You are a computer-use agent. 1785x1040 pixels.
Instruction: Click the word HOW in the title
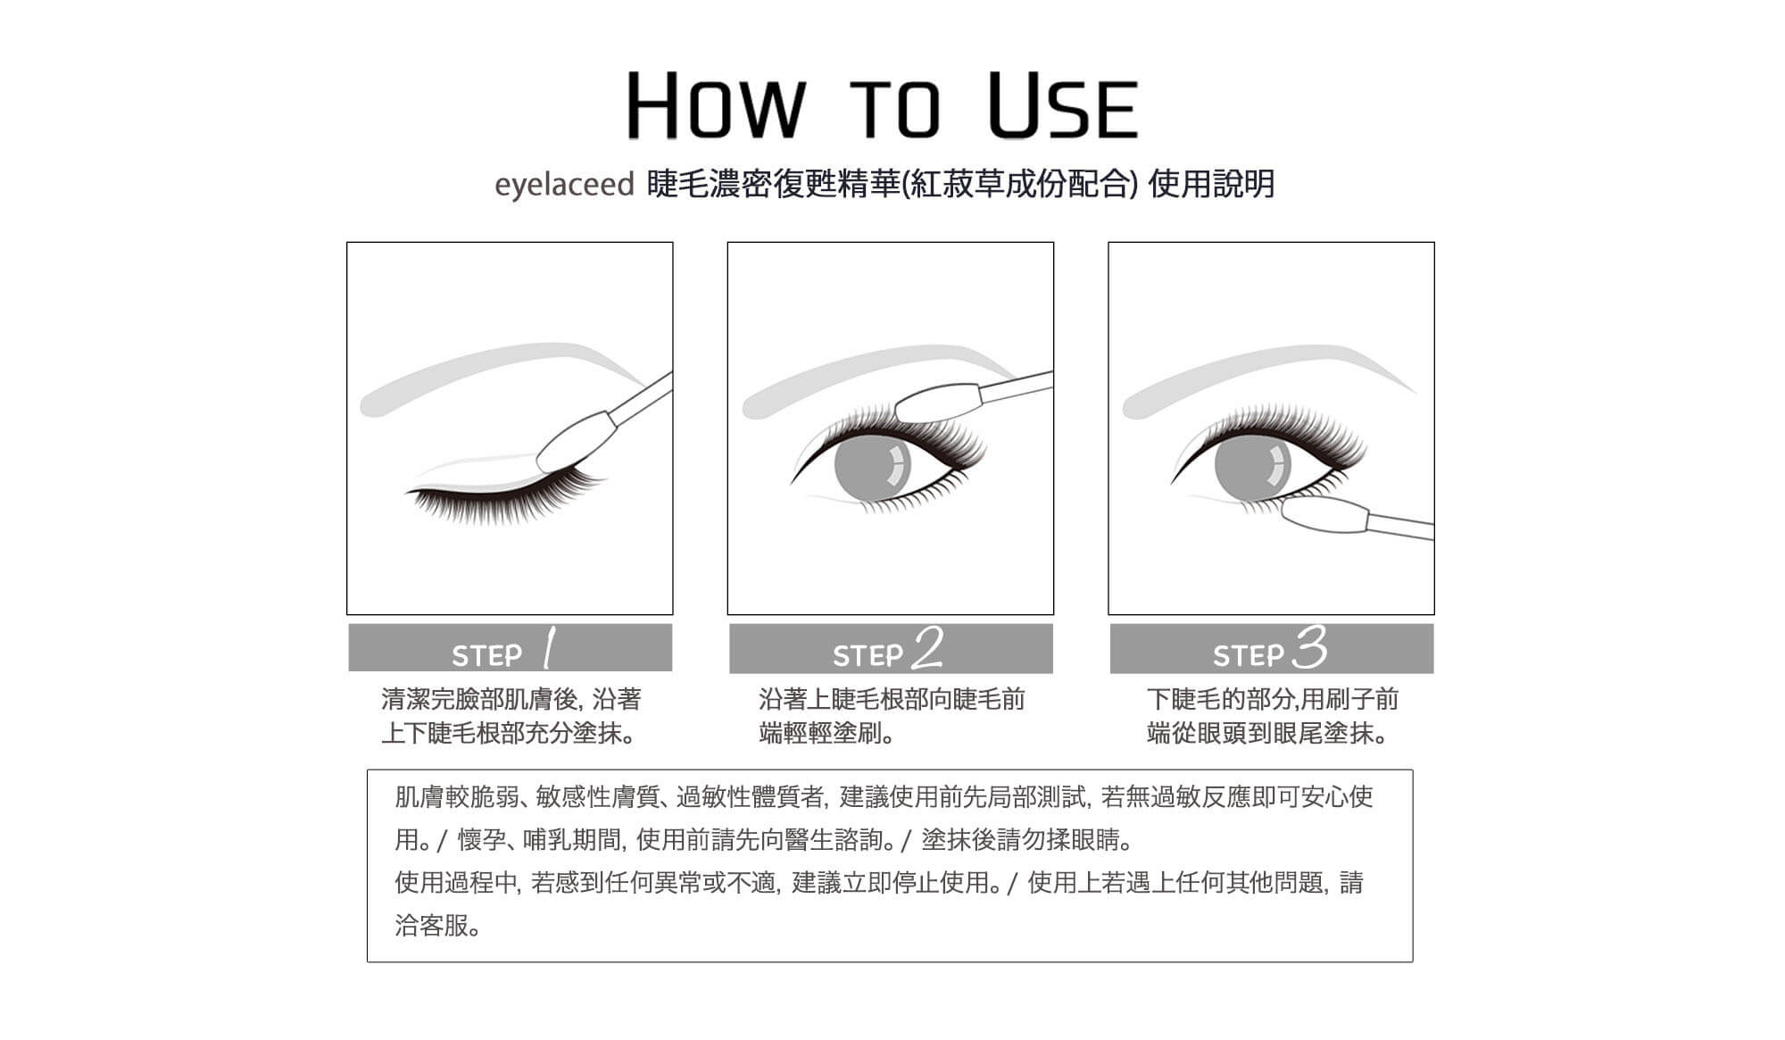(x=716, y=105)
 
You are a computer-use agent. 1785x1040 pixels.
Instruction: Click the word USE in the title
(x=1064, y=105)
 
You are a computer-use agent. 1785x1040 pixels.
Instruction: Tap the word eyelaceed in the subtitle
(x=564, y=185)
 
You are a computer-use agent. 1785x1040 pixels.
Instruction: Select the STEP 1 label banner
(x=510, y=647)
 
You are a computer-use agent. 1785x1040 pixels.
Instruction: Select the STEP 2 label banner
(x=891, y=648)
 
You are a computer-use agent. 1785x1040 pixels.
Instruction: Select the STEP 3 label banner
(x=1272, y=648)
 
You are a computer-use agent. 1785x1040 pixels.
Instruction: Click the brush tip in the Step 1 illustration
(x=574, y=443)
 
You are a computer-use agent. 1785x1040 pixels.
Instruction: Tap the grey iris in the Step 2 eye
(x=872, y=467)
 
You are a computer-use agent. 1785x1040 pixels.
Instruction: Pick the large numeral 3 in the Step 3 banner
(x=1310, y=647)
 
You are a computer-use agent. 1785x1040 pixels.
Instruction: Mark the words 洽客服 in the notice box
(x=432, y=926)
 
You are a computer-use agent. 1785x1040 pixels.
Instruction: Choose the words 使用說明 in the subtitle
(x=1212, y=185)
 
